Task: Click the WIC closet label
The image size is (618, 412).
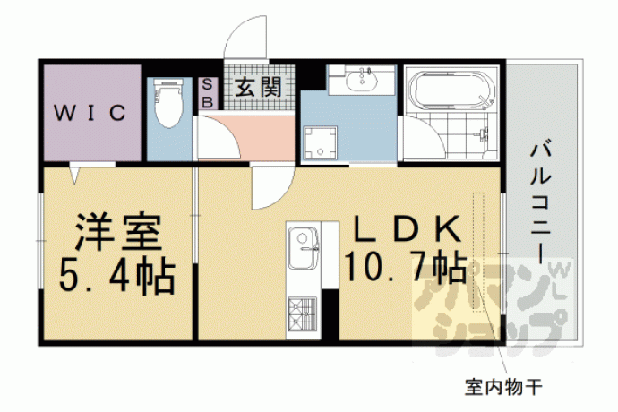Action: coord(90,113)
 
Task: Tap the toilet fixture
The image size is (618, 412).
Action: coord(169,102)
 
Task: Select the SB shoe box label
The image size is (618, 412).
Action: coord(207,93)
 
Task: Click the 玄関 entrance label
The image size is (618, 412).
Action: coord(258,87)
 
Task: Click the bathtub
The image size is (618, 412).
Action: coord(451,90)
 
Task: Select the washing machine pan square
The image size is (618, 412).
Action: coord(320,142)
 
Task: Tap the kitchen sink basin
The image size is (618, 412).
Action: coord(303,247)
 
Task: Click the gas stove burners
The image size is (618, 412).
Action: coord(303,313)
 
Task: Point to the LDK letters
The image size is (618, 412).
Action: coord(408,229)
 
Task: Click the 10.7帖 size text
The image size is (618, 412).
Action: coord(406,268)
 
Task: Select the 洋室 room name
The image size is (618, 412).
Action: coord(118,233)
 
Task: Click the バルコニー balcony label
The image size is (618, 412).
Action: coord(540,202)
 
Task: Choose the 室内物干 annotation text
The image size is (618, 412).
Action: coord(503,387)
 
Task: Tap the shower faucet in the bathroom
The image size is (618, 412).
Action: coord(484,134)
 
